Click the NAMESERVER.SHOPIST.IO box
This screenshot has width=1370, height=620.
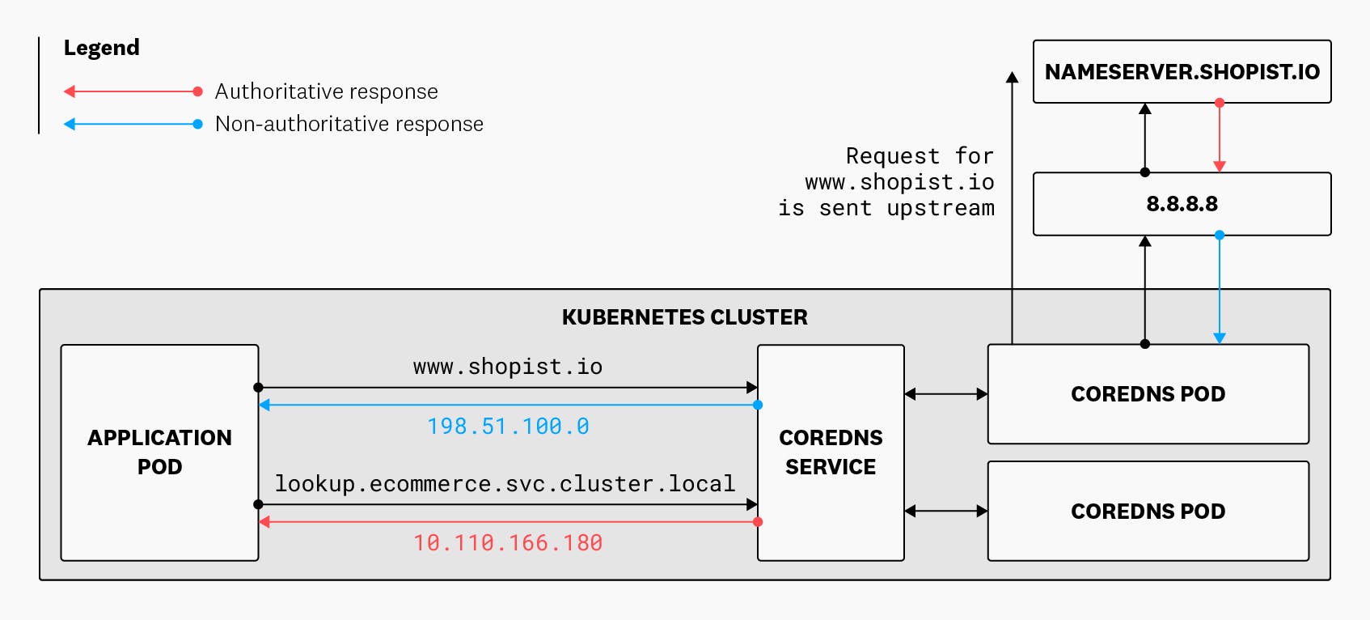tap(1182, 72)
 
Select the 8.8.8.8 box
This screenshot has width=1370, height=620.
tap(1182, 204)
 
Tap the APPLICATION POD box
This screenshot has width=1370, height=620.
tap(159, 452)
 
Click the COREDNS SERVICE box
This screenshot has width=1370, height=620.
tap(831, 452)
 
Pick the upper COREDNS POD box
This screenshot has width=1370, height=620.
tap(1148, 394)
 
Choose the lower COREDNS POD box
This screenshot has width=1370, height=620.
tap(1148, 512)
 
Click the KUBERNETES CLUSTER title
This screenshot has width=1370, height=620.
tap(684, 317)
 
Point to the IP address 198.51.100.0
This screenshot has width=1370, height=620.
tap(508, 427)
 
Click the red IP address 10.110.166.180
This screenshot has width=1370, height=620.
tap(508, 543)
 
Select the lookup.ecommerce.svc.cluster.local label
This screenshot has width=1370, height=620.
tap(505, 484)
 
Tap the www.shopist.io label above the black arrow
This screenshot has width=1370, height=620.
tap(508, 367)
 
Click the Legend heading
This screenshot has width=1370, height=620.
tap(102, 48)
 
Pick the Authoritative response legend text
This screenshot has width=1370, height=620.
tap(326, 91)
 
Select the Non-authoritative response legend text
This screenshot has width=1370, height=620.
tap(349, 124)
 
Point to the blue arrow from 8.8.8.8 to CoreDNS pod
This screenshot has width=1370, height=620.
tap(1220, 287)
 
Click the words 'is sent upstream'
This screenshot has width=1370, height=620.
tap(886, 208)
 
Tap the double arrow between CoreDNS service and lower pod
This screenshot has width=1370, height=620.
tap(945, 511)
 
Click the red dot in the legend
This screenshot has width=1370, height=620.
tap(197, 91)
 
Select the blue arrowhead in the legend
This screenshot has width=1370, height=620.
tap(70, 124)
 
